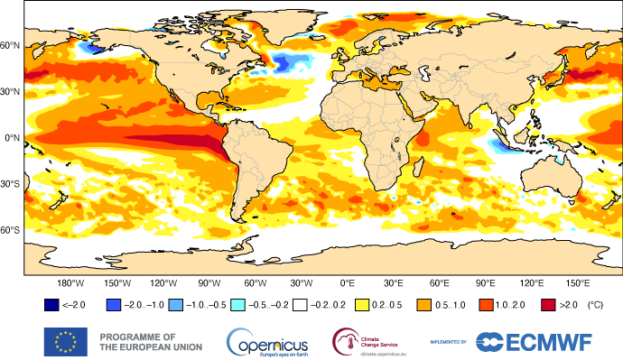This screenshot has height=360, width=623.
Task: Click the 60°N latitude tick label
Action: tap(11, 45)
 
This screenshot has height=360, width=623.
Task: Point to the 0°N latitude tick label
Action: tap(11, 137)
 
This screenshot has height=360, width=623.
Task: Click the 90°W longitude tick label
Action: tap(209, 282)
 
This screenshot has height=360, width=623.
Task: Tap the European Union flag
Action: tap(66, 341)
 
